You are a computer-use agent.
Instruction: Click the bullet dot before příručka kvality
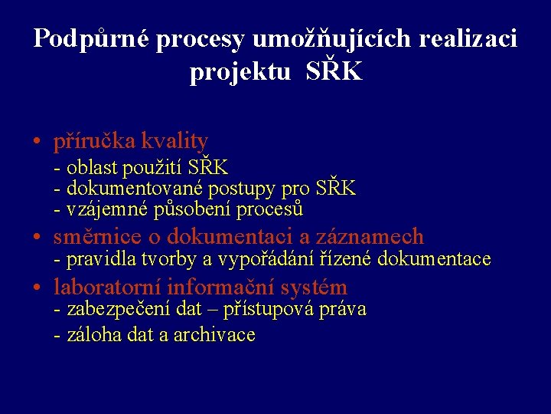37,142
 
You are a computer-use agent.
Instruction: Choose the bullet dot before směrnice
37,237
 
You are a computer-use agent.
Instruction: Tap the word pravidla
98,260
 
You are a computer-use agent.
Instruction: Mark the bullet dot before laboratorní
37,288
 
